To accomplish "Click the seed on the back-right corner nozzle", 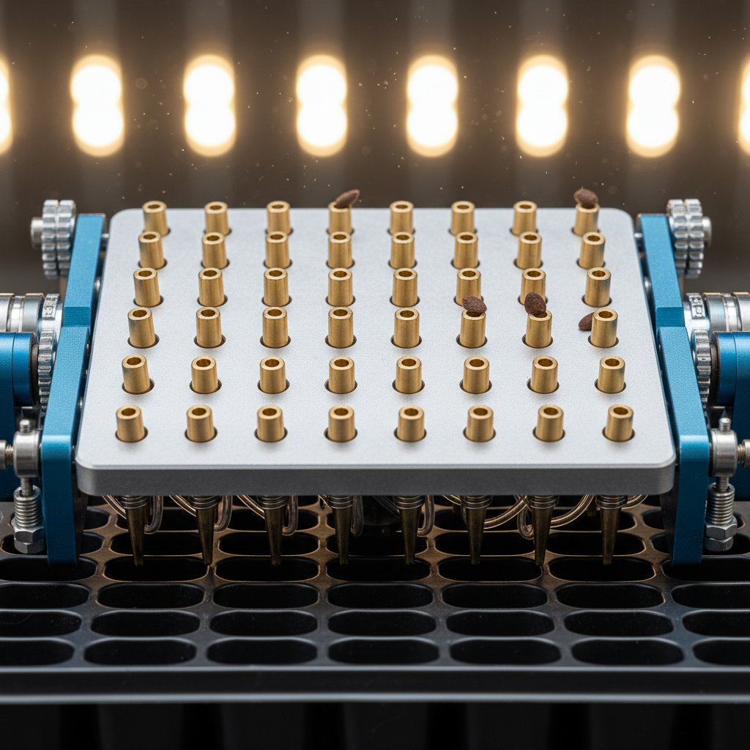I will tap(585, 196).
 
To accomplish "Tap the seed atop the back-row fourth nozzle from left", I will tap(346, 198).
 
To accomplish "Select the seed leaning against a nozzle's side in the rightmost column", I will tap(586, 321).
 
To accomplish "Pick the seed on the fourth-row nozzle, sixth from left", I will tap(474, 305).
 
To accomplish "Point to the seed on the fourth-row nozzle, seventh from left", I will tap(535, 304).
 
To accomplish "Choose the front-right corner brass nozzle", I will tap(619, 423).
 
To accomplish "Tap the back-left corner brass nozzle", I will tap(155, 217).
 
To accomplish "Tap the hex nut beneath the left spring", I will tap(29, 541).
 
